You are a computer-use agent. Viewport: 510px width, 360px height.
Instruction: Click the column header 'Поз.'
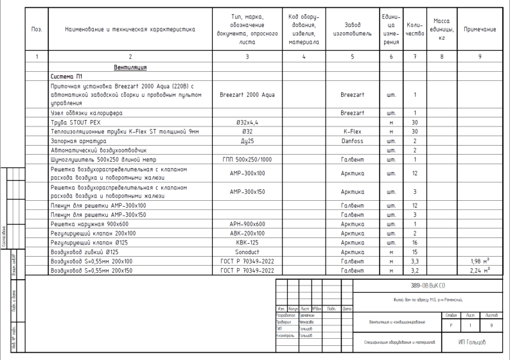[37, 30]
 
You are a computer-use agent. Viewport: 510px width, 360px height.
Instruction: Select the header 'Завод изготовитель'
[352, 30]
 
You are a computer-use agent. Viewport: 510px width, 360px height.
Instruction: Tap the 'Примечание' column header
[480, 30]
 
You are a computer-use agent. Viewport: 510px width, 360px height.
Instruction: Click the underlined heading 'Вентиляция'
[130, 67]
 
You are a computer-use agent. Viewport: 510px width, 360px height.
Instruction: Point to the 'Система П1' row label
[67, 76]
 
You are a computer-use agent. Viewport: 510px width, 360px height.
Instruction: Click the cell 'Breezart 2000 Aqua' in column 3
[247, 94]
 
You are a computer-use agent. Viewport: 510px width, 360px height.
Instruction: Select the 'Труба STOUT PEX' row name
[76, 122]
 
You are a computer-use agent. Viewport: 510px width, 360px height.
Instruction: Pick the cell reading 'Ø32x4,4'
[247, 122]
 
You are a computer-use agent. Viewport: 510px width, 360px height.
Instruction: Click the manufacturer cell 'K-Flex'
[352, 131]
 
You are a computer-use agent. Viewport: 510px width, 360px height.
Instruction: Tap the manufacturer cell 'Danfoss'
[352, 141]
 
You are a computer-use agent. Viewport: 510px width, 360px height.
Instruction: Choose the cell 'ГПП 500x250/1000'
[247, 159]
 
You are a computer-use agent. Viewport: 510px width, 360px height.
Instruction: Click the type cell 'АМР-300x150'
[247, 191]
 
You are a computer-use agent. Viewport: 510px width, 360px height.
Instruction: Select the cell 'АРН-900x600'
[247, 224]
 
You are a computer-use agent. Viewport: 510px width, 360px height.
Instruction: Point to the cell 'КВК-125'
[247, 243]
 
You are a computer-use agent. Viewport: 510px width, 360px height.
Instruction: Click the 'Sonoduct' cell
[247, 252]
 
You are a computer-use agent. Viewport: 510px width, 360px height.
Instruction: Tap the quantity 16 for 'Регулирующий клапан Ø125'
[415, 243]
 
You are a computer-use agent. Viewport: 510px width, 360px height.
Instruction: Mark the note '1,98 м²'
[480, 261]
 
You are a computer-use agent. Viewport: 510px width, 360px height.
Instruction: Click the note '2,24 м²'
[480, 271]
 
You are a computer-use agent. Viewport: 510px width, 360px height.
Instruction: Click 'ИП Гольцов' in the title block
[471, 343]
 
